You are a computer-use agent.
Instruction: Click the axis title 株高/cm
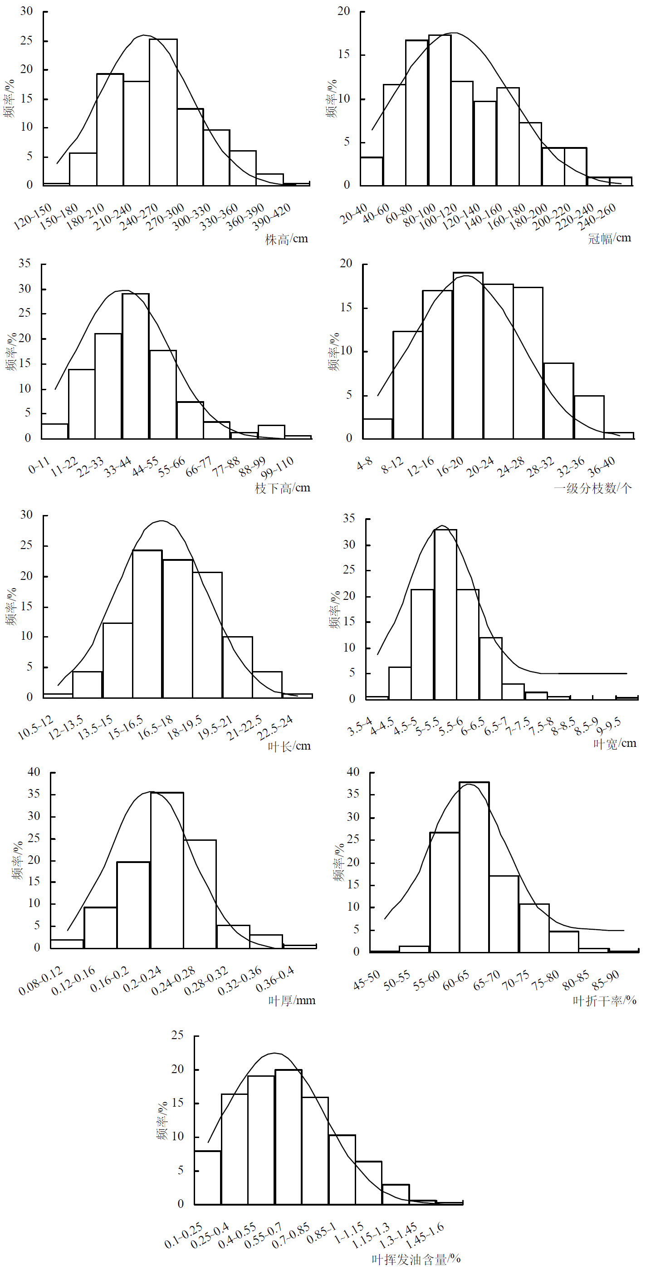[286, 240]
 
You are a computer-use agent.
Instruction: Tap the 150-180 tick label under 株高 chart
[59, 216]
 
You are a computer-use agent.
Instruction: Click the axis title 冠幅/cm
[609, 239]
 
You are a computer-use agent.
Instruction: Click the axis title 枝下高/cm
[282, 488]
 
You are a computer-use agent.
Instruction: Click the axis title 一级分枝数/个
[592, 488]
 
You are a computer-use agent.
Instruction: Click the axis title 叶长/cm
[289, 746]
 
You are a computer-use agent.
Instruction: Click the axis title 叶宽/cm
[615, 744]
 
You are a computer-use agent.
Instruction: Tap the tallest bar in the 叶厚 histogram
[166, 870]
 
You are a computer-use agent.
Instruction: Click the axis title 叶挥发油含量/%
[416, 1260]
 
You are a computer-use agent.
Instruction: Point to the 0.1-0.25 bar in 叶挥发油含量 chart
[207, 1177]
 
